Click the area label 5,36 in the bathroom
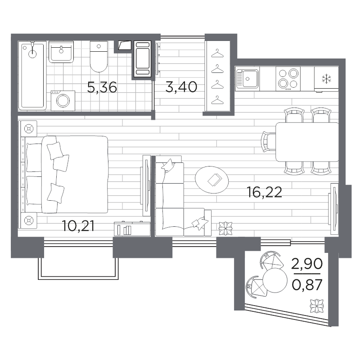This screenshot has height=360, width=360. (x=102, y=87)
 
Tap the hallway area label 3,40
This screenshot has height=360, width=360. (x=181, y=87)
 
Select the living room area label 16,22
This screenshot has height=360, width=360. (x=264, y=192)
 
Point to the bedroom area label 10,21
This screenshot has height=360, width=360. (x=78, y=226)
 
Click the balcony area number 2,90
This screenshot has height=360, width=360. (x=307, y=264)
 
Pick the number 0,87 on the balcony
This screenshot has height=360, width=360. (x=307, y=285)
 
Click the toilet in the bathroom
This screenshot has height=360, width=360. (x=99, y=57)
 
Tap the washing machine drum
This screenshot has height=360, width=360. (x=63, y=101)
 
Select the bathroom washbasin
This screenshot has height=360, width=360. (x=61, y=52)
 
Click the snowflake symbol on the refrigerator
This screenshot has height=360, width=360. (x=326, y=79)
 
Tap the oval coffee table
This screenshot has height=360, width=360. (x=211, y=180)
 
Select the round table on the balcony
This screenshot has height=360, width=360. (x=275, y=280)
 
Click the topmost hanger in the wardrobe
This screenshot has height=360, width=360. (x=217, y=54)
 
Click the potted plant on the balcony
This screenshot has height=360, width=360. (x=317, y=306)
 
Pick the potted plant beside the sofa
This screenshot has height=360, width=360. (x=225, y=229)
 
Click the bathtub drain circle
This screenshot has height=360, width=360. (x=32, y=54)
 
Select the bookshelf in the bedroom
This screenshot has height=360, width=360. (x=132, y=229)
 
